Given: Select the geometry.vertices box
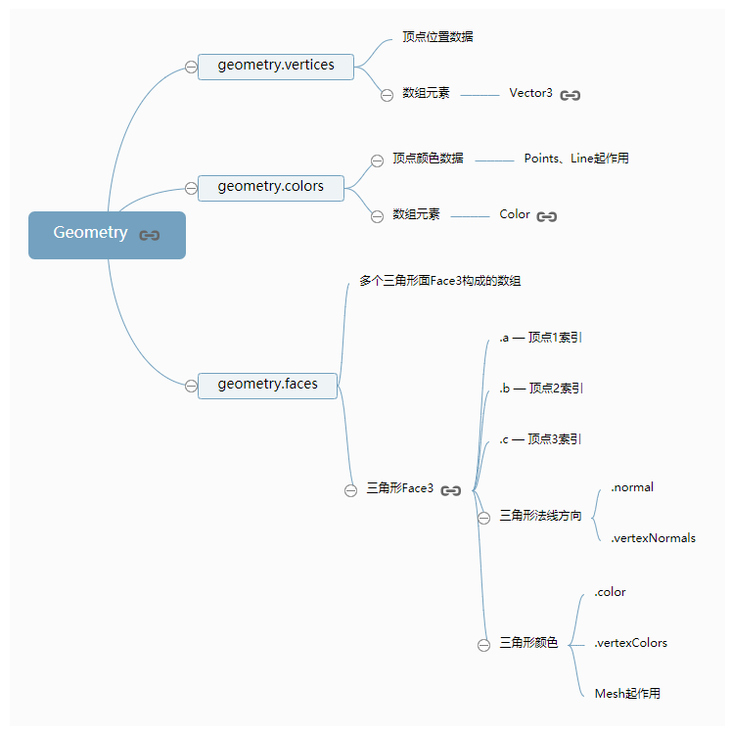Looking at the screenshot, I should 275,66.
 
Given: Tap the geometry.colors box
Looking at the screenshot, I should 270,187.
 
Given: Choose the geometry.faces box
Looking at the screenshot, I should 267,385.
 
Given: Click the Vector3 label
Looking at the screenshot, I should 530,94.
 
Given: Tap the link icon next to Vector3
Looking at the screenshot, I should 571,96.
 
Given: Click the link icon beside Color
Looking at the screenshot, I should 547,216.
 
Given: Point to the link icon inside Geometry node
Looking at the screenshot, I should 149,235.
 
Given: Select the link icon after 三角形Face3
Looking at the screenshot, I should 450,490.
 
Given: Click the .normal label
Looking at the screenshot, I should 632,487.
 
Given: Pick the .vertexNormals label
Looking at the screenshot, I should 653,538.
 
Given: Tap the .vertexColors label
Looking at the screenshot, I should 630,643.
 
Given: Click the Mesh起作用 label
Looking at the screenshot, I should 627,694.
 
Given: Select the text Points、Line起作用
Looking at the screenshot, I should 576,159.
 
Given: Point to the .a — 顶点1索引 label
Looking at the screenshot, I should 541,338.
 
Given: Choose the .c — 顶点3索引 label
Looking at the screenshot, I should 540,439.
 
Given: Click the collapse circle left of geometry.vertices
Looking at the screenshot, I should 191,67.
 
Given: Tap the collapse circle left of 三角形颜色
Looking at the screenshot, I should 483,645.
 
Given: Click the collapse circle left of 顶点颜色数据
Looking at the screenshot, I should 377,160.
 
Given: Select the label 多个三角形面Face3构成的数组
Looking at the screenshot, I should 439,282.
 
